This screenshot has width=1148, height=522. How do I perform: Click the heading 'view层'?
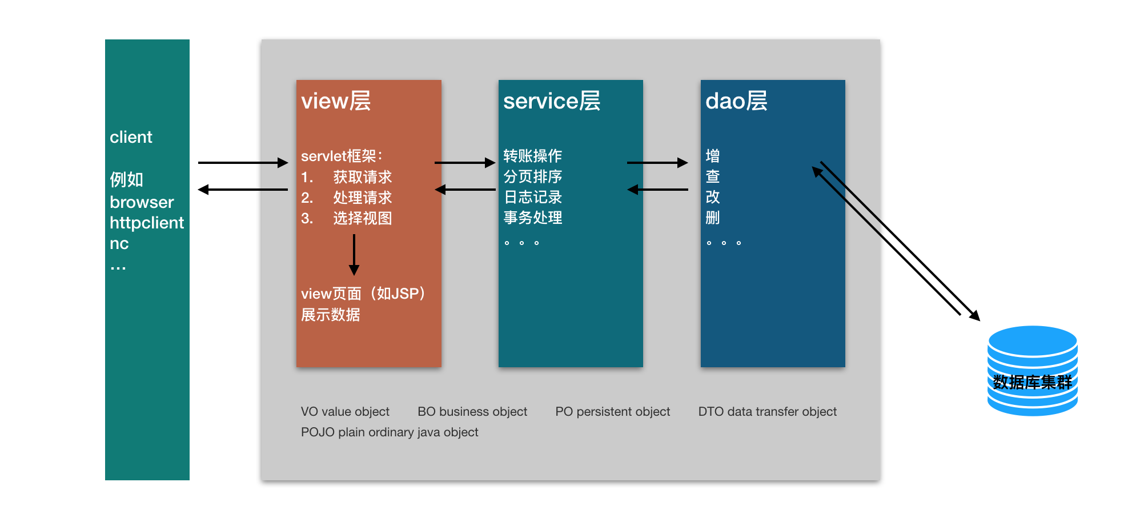pyautogui.click(x=336, y=101)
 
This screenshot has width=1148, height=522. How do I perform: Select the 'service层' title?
pyautogui.click(x=551, y=101)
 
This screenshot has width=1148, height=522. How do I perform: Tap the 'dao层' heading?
pyautogui.click(x=736, y=101)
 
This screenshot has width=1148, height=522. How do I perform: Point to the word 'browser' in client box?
pyautogui.click(x=142, y=202)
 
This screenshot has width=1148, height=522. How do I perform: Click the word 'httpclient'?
pyautogui.click(x=147, y=223)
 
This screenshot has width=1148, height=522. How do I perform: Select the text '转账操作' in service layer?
pyautogui.click(x=532, y=156)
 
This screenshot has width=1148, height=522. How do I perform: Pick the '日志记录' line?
pyautogui.click(x=532, y=197)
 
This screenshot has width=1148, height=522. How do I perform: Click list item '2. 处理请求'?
pyautogui.click(x=346, y=198)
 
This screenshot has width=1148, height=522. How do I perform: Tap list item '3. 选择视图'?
pyautogui.click(x=346, y=218)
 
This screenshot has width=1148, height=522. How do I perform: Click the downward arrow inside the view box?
pyautogui.click(x=354, y=255)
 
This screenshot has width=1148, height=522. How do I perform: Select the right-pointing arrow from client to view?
pyautogui.click(x=243, y=163)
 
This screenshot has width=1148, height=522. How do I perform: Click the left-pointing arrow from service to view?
pyautogui.click(x=465, y=190)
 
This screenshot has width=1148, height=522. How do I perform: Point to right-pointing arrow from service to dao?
pyautogui.click(x=657, y=163)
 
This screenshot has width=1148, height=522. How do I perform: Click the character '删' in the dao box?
pyautogui.click(x=712, y=218)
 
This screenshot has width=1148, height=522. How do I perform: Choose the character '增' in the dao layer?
pyautogui.click(x=712, y=156)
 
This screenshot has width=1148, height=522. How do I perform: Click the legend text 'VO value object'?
pyautogui.click(x=345, y=412)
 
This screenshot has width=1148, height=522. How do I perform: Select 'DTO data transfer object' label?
pyautogui.click(x=767, y=412)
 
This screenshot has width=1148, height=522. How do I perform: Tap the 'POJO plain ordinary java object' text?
pyautogui.click(x=390, y=432)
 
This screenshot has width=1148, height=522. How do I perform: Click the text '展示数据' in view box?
pyautogui.click(x=330, y=315)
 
